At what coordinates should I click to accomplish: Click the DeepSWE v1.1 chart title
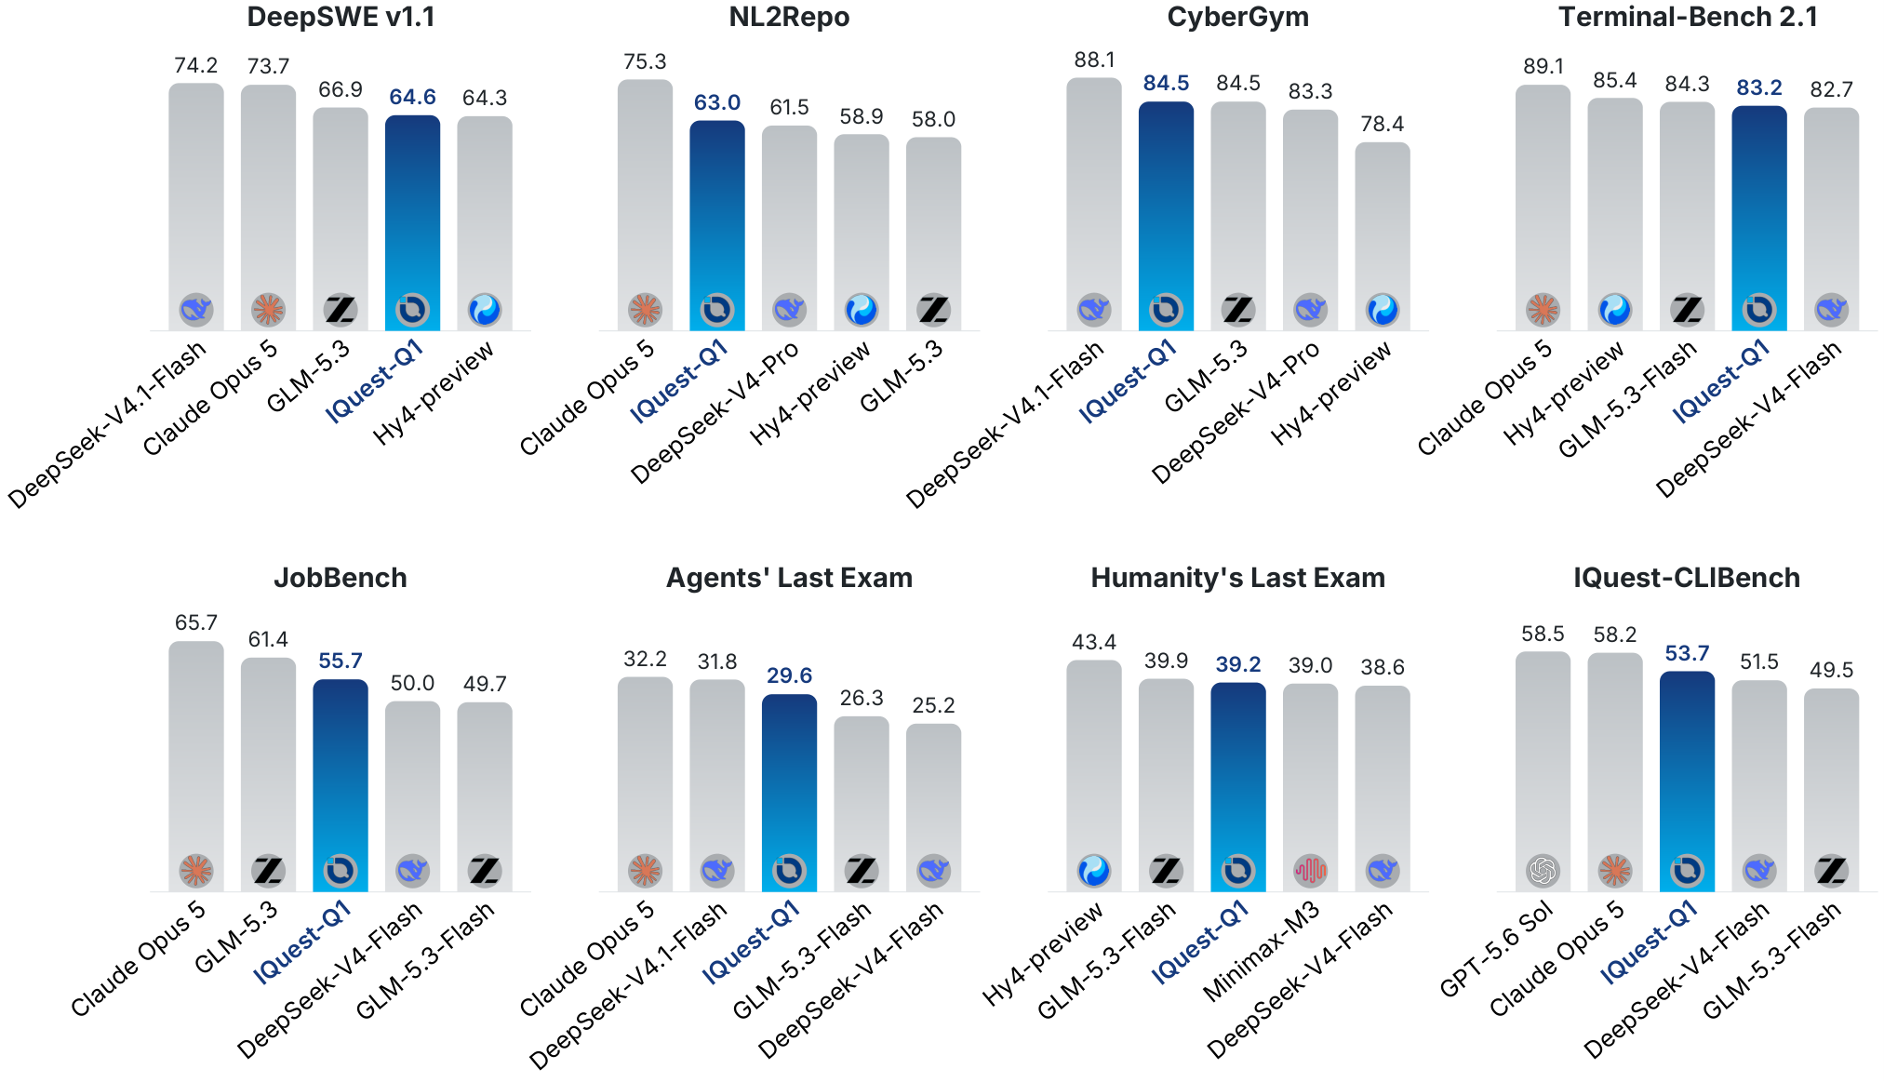(341, 17)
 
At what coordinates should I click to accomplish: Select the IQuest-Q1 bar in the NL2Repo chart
(717, 225)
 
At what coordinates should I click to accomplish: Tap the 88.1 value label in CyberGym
(1094, 60)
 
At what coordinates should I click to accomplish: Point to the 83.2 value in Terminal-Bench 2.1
(1759, 87)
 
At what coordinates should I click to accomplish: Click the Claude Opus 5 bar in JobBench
(196, 766)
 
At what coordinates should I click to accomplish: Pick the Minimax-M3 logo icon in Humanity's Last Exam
(1310, 871)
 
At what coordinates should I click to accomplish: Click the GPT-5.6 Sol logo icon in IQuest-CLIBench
(1543, 871)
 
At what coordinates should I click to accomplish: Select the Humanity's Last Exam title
(1237, 578)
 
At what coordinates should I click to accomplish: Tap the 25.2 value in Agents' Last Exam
(933, 705)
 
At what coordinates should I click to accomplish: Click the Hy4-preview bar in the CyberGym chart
(1383, 236)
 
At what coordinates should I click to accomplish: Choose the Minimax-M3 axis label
(1263, 951)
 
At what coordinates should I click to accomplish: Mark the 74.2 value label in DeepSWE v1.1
(196, 65)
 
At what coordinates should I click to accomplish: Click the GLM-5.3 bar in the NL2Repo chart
(933, 234)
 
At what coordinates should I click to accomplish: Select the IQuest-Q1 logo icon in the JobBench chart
(341, 871)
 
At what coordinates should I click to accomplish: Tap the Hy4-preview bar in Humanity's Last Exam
(1094, 776)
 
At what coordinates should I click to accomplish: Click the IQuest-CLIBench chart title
(1687, 578)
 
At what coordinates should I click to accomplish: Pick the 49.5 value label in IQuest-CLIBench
(1831, 670)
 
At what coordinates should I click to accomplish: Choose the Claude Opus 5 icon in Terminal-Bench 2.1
(1543, 309)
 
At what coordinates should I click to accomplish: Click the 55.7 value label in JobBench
(341, 661)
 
